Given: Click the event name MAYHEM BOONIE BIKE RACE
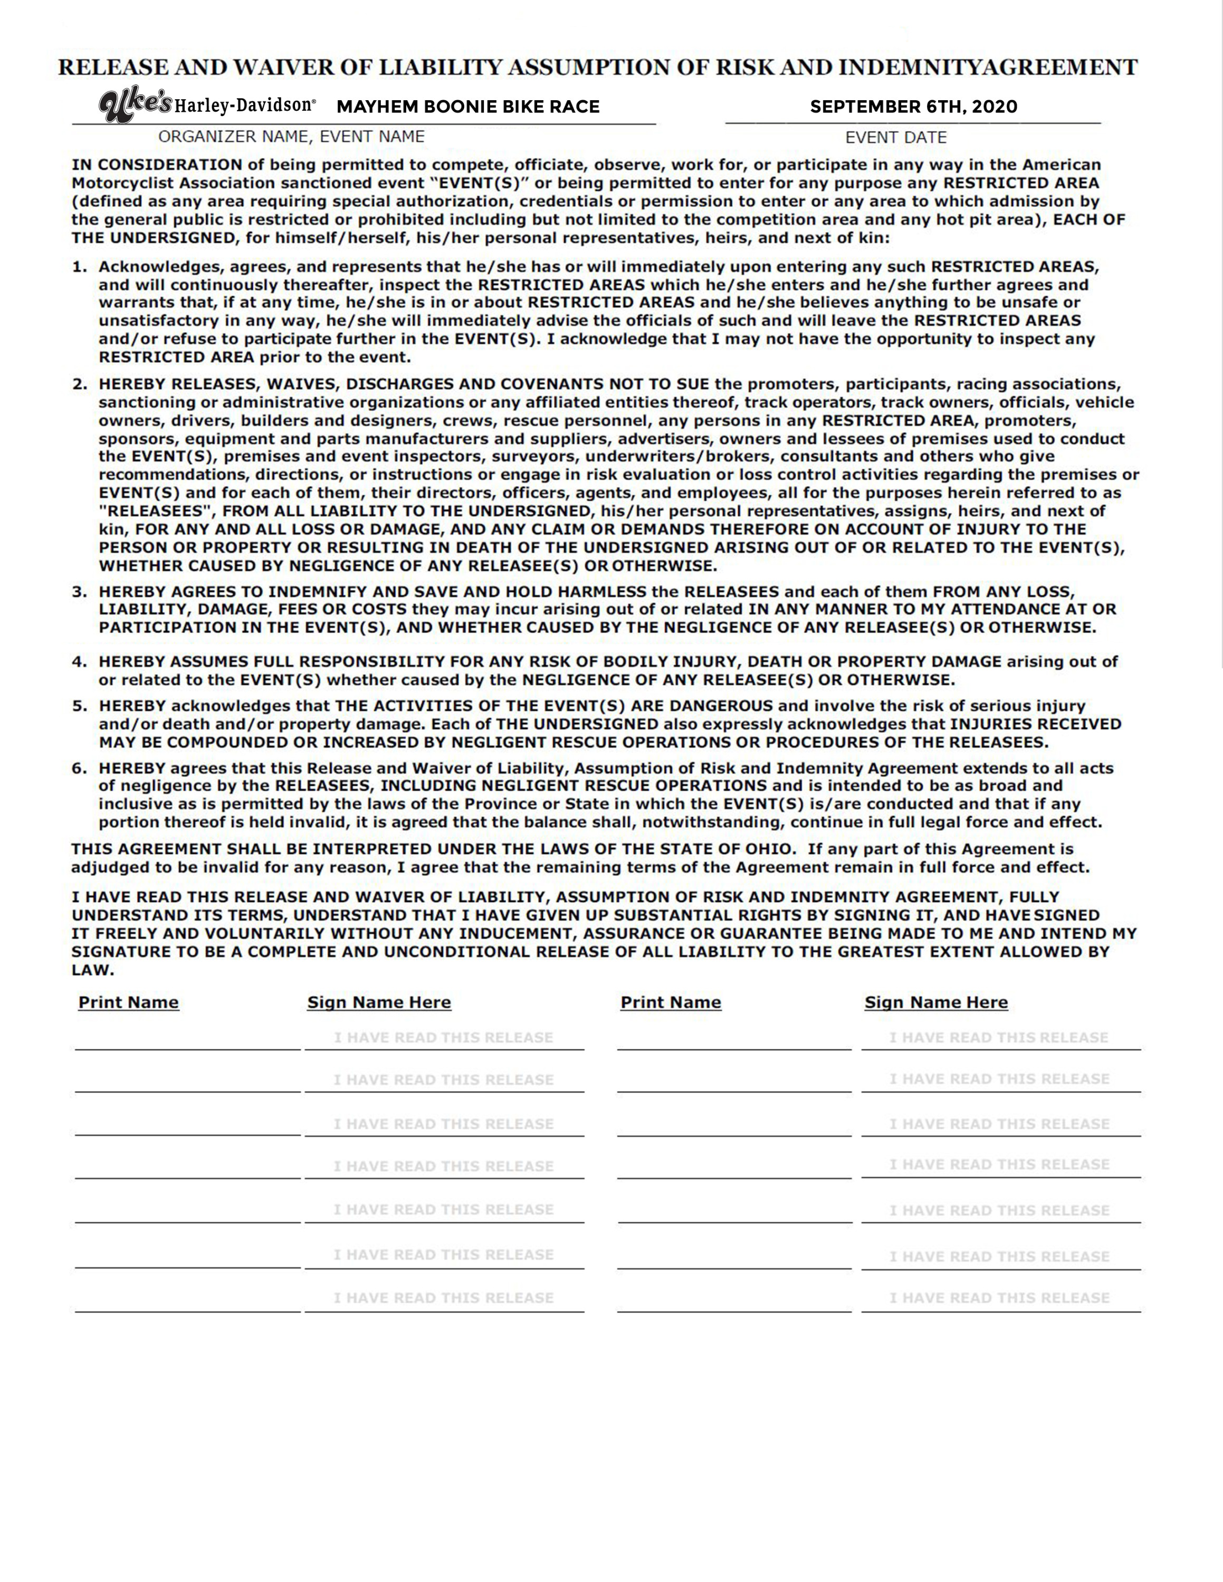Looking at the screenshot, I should click(468, 107).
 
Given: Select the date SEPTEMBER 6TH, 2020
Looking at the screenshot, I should click(913, 107).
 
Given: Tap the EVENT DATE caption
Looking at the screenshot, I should click(895, 138).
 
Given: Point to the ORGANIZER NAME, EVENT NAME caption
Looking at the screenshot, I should click(291, 136).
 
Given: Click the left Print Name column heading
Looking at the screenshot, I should click(128, 1002).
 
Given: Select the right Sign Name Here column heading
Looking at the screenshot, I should click(935, 1002).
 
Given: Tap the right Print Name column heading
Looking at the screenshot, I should click(670, 1002).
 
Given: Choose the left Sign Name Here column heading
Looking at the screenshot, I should click(379, 1002).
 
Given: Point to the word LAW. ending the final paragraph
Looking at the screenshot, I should click(93, 970).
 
